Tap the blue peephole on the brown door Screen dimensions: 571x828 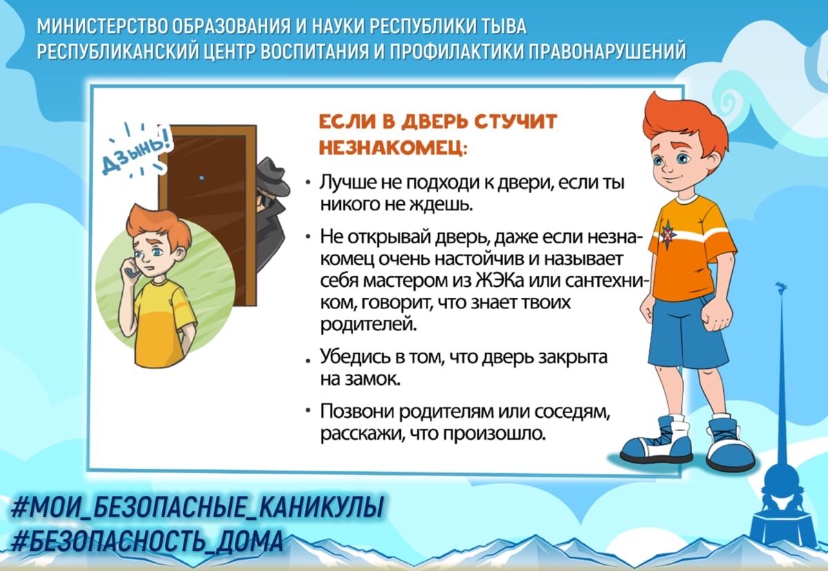click(x=202, y=178)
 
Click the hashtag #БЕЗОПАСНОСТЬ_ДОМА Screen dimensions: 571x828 click(x=147, y=540)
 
